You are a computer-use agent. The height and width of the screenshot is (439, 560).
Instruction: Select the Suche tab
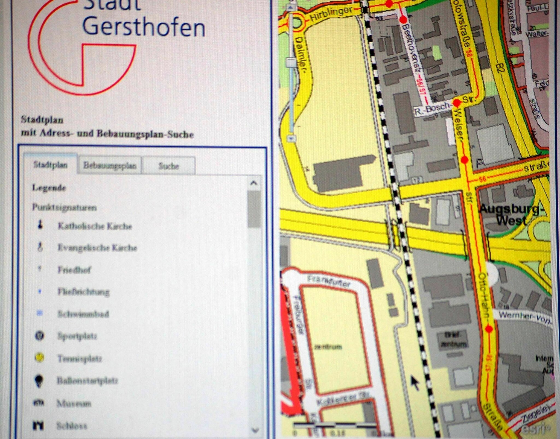pos(169,166)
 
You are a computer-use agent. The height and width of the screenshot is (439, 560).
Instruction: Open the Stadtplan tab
pos(50,165)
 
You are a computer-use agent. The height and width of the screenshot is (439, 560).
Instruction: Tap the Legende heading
pos(49,188)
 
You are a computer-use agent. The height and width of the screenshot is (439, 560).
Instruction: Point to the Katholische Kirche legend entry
pos(95,226)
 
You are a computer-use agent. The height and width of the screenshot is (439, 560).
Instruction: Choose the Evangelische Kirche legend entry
pos(97,248)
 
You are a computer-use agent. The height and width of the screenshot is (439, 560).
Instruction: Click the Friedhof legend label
pos(74,270)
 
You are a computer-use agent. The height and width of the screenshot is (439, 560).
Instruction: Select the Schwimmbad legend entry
pos(83,314)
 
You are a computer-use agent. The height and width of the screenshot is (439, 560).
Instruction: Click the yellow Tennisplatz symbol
pos(40,358)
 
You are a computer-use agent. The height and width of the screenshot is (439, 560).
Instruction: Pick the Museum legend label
pos(74,403)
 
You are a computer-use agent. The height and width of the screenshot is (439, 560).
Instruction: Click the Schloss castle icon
pos(38,425)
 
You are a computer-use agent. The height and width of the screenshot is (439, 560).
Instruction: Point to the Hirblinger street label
pos(331,14)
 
